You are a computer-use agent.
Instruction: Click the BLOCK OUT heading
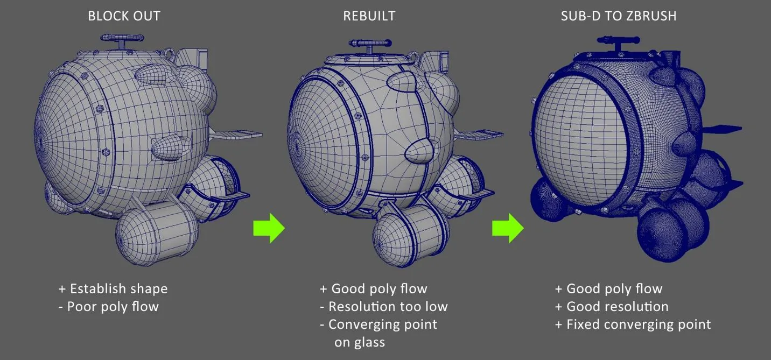[124, 16]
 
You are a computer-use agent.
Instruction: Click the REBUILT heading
[369, 16]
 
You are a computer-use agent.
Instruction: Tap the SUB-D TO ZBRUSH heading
[619, 16]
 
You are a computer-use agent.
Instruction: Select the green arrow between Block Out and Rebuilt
[269, 228]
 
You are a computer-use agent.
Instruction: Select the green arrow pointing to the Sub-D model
[508, 228]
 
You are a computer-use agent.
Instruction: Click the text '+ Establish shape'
[113, 289]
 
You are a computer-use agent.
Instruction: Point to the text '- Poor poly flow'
[108, 307]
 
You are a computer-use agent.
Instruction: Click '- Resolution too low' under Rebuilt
[384, 307]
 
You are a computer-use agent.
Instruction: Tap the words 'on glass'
[360, 342]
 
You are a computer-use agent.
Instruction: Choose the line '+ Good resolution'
[612, 307]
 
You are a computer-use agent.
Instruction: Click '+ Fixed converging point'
[633, 324]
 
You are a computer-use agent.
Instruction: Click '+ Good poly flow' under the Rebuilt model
[374, 289]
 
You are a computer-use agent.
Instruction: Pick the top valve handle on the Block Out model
[122, 38]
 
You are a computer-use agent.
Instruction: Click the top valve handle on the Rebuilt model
[370, 44]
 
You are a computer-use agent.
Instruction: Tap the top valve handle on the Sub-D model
[618, 40]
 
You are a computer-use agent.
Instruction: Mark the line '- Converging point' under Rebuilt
[379, 324]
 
